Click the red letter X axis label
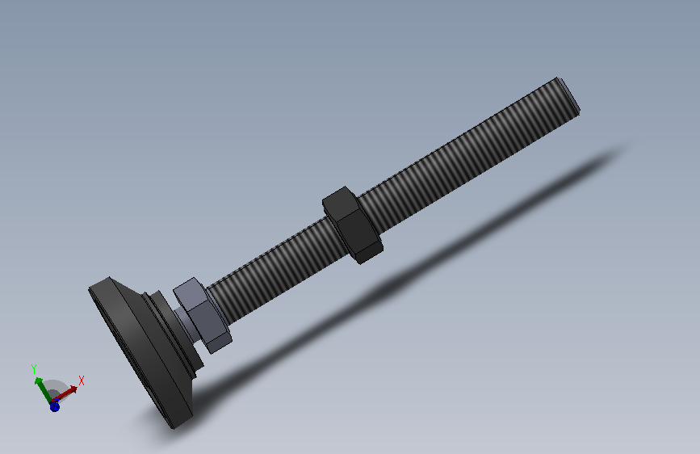tap(82, 380)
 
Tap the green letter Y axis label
tap(35, 368)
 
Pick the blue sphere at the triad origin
tap(54, 406)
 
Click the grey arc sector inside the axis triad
tap(55, 388)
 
